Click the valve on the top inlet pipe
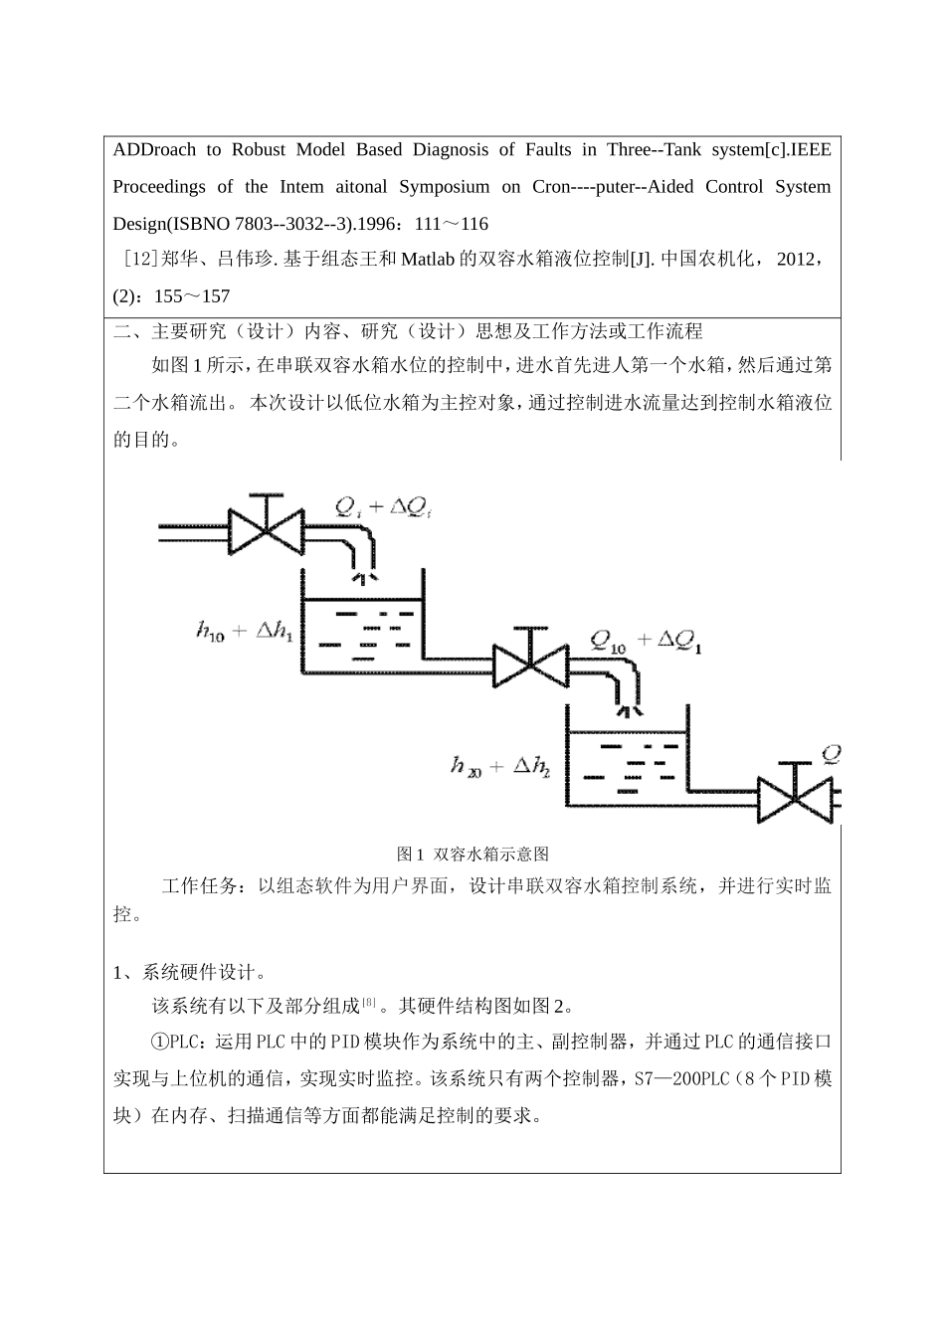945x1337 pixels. pyautogui.click(x=266, y=528)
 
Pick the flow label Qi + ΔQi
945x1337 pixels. pyautogui.click(x=382, y=508)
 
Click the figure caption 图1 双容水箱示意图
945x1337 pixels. pyautogui.click(x=472, y=854)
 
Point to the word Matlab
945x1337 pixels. pyautogui.click(x=428, y=260)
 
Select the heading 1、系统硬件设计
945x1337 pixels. pyautogui.click(x=189, y=972)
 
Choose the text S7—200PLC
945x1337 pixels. pyautogui.click(x=687, y=1079)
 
